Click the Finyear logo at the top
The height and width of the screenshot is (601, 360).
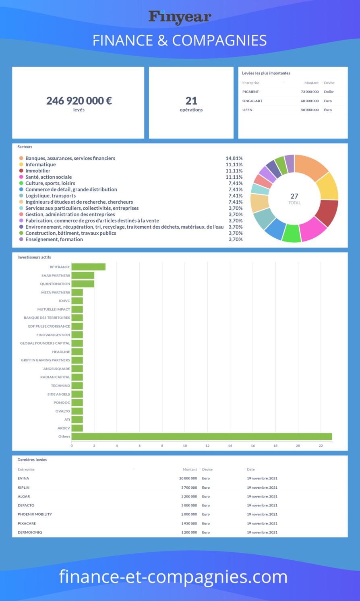(x=180, y=17)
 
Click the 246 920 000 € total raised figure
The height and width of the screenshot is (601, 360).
(x=79, y=101)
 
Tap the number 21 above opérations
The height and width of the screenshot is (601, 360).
(x=191, y=101)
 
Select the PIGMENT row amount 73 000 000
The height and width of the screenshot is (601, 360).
(x=310, y=92)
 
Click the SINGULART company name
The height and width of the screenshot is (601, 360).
(x=252, y=101)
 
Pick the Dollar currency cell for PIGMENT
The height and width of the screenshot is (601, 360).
(x=329, y=92)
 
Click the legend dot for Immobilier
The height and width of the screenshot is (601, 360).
(x=21, y=171)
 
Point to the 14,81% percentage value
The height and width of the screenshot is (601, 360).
(x=234, y=158)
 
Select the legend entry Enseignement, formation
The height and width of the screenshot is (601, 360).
(x=54, y=240)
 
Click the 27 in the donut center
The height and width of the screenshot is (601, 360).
(x=294, y=196)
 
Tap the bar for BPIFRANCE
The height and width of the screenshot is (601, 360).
(x=88, y=267)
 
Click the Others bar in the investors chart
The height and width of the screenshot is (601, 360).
(x=201, y=437)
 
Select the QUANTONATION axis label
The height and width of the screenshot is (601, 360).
(x=55, y=284)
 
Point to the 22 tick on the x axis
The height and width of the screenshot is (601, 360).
(x=321, y=446)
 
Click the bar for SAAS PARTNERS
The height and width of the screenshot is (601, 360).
(x=83, y=275)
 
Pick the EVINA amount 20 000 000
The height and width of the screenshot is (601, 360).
(x=188, y=479)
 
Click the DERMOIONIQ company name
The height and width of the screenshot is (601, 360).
(x=30, y=533)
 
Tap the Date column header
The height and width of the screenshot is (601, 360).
(x=250, y=469)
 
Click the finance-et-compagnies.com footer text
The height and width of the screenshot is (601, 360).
(x=173, y=576)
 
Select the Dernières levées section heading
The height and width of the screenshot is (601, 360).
(x=32, y=460)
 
